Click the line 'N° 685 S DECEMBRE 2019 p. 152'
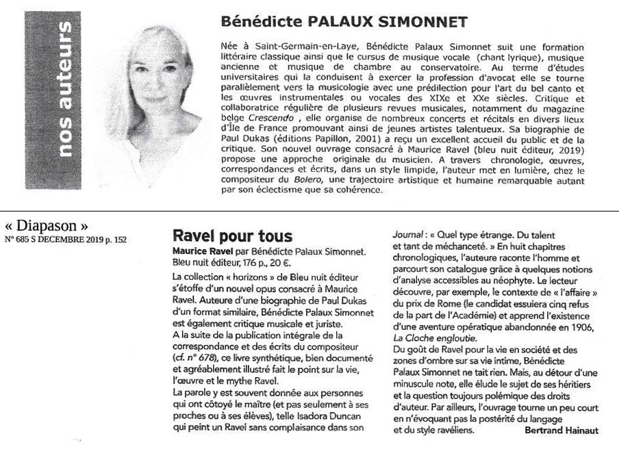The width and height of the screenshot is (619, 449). (x=66, y=240)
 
